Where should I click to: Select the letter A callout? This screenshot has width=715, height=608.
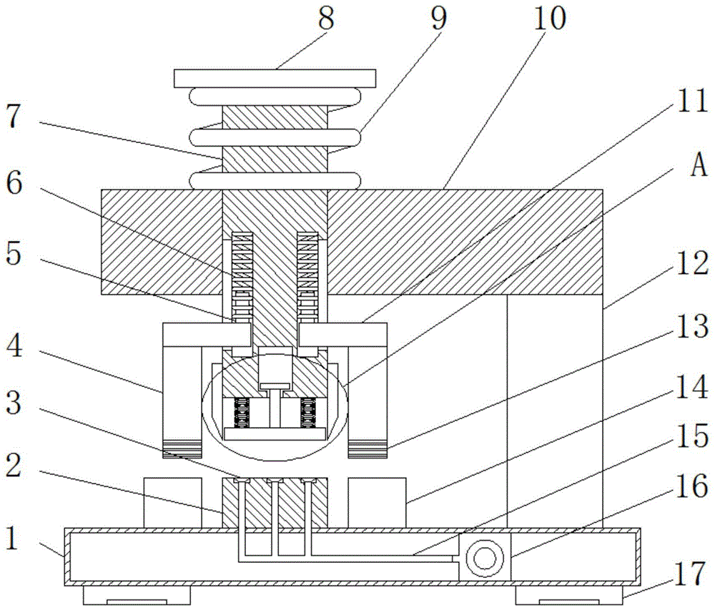(x=699, y=165)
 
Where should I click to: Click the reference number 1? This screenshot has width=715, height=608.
(x=12, y=538)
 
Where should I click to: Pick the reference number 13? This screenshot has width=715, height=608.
(x=692, y=327)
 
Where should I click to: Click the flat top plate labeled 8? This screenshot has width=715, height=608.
(x=275, y=79)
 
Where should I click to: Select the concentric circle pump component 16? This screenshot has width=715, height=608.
(x=485, y=557)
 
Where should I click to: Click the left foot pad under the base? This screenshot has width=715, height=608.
(x=137, y=594)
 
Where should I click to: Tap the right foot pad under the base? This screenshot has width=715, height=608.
(x=568, y=594)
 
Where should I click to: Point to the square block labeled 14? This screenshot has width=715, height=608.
(x=377, y=503)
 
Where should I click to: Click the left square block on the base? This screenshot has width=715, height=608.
(x=173, y=503)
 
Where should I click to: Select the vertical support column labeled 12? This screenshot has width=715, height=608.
(x=555, y=411)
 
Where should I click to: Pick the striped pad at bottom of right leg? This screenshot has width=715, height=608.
(x=368, y=448)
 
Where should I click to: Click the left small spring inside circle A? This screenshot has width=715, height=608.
(x=241, y=413)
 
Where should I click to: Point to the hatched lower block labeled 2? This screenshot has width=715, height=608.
(x=275, y=503)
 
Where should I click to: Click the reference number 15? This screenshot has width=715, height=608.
(x=692, y=435)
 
